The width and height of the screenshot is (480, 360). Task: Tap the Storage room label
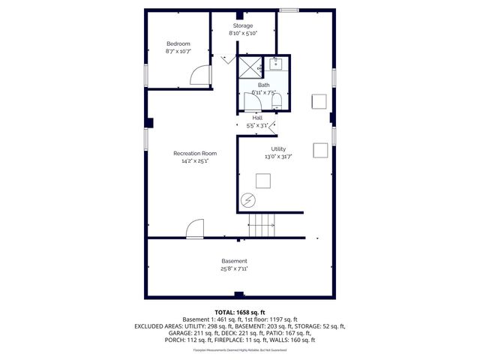242,25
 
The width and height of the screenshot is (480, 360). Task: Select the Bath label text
264,85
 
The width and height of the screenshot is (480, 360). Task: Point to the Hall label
257,118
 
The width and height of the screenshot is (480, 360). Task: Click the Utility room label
278,149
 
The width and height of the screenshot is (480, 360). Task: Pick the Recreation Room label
194,153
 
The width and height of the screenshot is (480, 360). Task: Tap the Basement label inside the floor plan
234,260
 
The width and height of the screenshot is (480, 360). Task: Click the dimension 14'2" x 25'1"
194,160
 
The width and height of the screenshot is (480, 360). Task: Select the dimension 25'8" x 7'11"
234,268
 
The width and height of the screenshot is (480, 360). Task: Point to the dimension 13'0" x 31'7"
278,157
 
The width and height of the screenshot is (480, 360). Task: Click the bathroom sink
275,64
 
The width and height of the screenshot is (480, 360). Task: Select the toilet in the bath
277,100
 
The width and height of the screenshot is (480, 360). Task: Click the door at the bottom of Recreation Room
194,229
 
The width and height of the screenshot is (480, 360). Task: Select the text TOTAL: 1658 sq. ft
240,311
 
